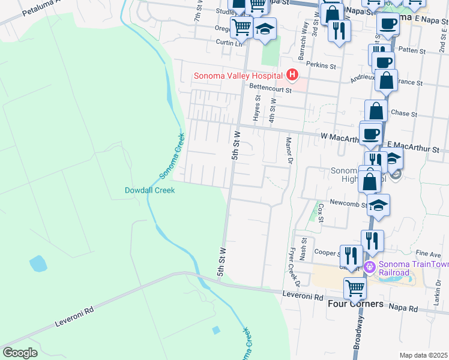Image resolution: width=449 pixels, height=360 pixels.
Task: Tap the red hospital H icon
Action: pyautogui.click(x=292, y=75)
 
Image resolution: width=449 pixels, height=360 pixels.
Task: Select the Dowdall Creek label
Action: pyautogui.click(x=149, y=190)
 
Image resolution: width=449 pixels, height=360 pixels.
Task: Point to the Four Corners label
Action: pyautogui.click(x=355, y=304)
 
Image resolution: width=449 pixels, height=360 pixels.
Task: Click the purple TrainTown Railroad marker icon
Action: pyautogui.click(x=370, y=266)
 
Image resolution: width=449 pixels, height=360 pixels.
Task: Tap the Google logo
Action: pyautogui.click(x=20, y=353)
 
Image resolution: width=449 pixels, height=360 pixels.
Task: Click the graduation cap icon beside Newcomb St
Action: pyautogui.click(x=378, y=205)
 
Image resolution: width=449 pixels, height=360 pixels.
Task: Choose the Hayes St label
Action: pyautogui.click(x=256, y=112)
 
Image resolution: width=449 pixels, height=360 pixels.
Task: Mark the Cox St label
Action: pyautogui.click(x=321, y=212)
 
